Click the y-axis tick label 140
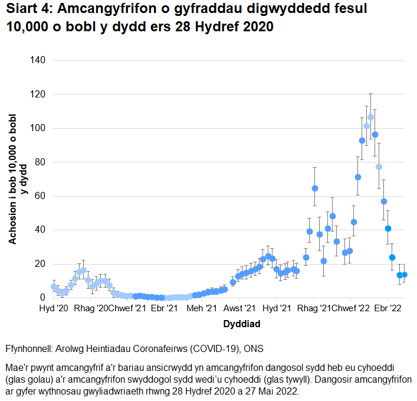[45, 60]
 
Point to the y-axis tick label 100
[45, 128]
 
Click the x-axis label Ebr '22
[388, 308]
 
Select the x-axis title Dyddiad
[242, 324]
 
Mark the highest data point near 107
[370, 117]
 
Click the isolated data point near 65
[315, 188]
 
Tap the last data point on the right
[405, 275]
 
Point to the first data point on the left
[54, 286]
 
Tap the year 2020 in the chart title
[254, 28]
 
